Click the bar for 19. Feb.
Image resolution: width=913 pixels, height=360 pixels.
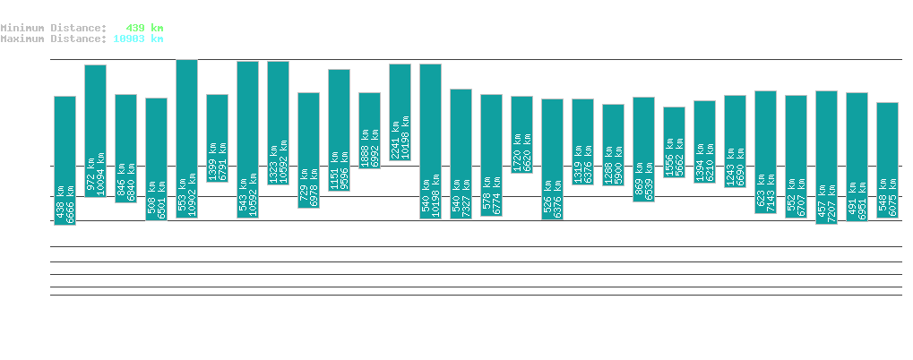(186, 138)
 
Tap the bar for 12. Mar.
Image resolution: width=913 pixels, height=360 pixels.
(826, 157)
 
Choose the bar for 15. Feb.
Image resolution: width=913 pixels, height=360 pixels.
(65, 160)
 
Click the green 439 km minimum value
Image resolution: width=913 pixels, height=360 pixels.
(144, 28)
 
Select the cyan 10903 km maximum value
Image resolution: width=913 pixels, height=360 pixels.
(138, 39)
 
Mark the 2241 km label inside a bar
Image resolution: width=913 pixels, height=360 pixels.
(395, 139)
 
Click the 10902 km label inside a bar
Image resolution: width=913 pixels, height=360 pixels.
(193, 195)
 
